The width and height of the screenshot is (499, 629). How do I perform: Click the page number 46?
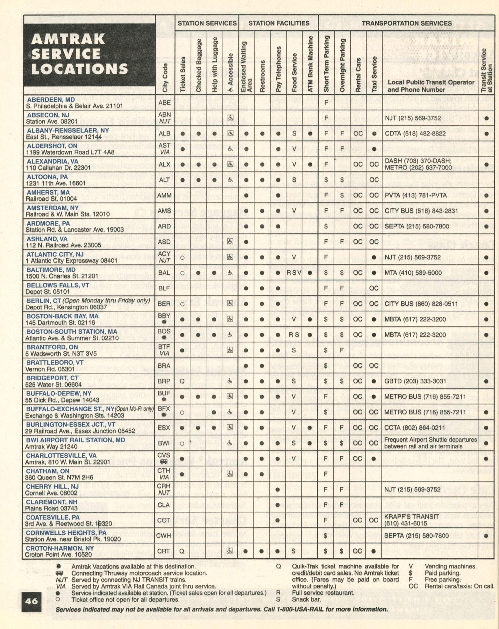point(32,601)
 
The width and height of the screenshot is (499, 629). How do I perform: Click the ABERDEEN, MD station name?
point(51,100)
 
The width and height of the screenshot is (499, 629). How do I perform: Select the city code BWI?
point(164,443)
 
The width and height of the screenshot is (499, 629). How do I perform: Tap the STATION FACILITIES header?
point(279,23)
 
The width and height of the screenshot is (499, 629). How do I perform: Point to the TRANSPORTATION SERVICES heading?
point(406,23)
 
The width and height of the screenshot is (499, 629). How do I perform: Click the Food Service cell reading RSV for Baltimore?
point(294,273)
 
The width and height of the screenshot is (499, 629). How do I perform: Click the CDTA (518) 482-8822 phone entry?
point(413,134)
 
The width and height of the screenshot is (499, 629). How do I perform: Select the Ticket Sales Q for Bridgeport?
point(182,381)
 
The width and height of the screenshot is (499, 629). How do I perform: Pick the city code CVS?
point(164,455)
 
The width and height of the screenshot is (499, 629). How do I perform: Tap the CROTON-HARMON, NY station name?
point(60,548)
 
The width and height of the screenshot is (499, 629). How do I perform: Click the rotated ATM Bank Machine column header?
point(310,64)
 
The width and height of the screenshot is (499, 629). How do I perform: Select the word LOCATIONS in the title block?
point(79,69)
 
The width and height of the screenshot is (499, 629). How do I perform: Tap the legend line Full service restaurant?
point(323,593)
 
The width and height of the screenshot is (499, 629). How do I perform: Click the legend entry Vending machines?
point(450,566)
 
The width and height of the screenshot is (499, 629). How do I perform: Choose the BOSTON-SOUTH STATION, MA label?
point(72,331)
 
